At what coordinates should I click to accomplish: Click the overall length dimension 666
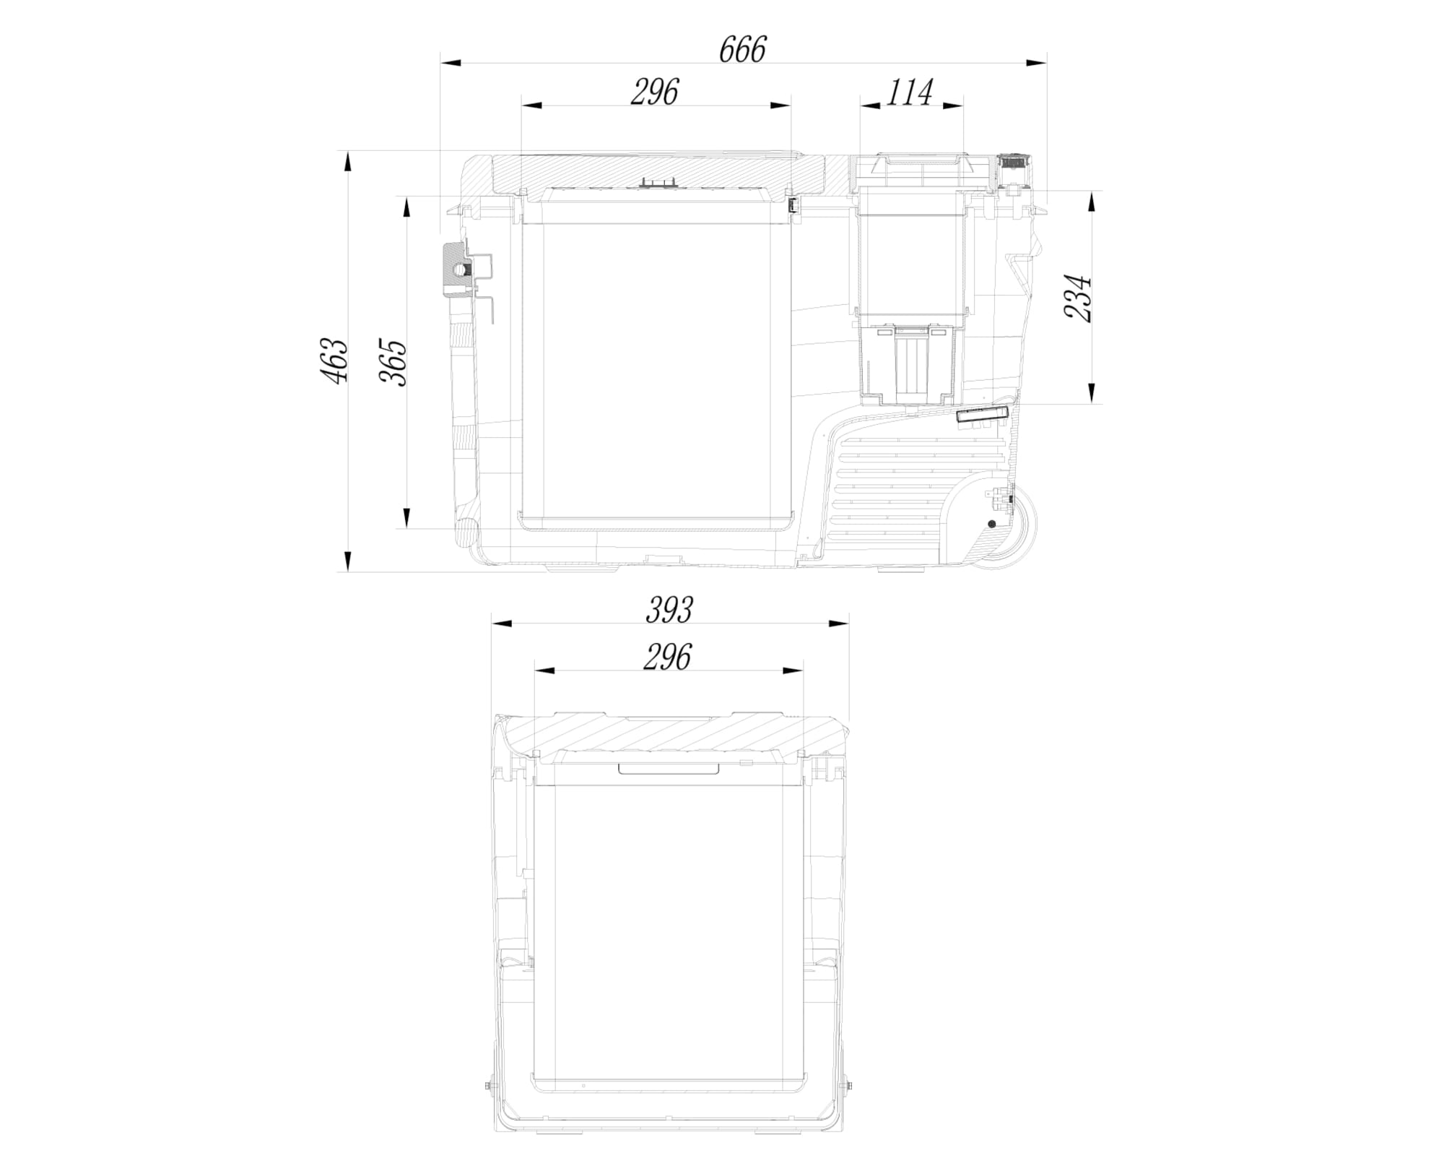point(742,50)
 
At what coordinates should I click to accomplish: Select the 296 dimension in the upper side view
point(655,92)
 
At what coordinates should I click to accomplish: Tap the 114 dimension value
point(909,92)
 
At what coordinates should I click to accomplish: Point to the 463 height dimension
point(335,360)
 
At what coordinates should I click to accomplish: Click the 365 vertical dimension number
point(394,362)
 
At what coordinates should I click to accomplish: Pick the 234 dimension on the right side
point(1079,298)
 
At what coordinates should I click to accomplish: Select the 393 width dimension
point(669,610)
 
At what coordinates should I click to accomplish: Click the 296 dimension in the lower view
point(668,657)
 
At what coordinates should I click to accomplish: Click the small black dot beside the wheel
point(991,524)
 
